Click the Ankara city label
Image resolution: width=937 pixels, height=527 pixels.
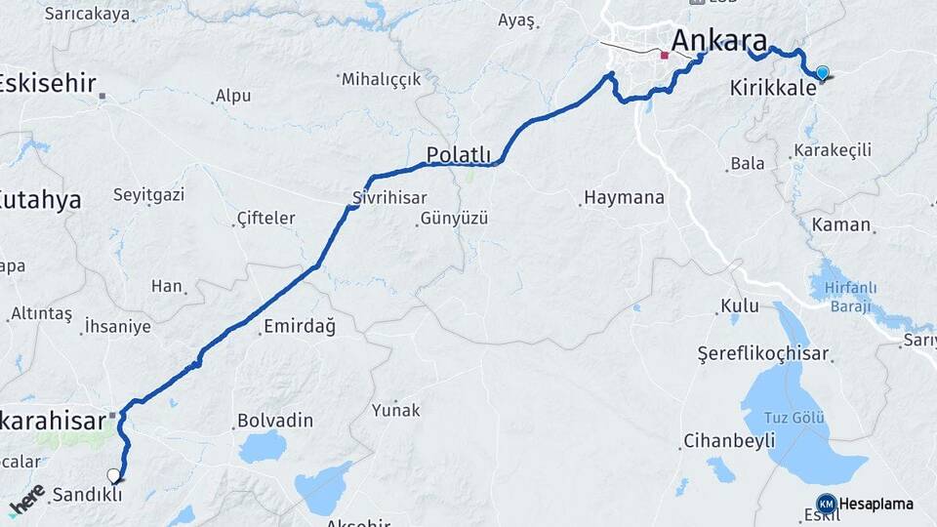point(718,42)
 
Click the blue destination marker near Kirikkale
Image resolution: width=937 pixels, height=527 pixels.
point(823,73)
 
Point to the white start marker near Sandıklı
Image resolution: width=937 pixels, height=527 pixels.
point(114,476)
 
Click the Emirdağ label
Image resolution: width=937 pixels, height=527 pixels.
point(300,327)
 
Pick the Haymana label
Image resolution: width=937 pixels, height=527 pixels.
point(625,197)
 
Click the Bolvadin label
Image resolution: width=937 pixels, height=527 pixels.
point(275,421)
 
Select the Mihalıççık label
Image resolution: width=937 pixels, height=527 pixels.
point(381,79)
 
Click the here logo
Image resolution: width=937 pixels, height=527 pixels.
point(26,501)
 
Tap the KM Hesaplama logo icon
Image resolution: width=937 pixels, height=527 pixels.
point(826,504)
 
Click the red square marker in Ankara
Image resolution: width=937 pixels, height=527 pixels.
point(665,55)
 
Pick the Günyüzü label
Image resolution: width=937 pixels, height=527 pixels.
point(454,218)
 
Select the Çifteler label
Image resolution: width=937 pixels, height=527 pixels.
point(265,218)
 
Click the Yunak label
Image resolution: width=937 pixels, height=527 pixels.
point(395,410)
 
